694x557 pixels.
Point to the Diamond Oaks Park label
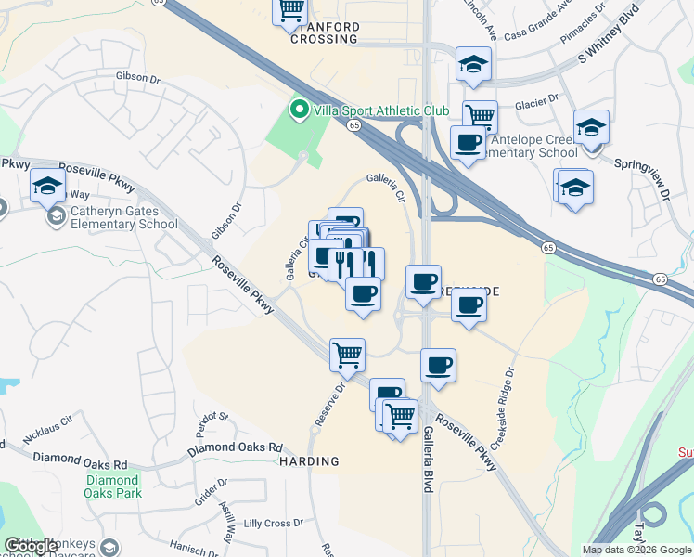tap(114, 486)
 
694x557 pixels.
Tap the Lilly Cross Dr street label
tap(273, 524)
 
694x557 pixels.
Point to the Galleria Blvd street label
tap(428, 460)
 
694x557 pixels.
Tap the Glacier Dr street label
tap(539, 97)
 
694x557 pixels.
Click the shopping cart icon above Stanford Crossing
tap(290, 9)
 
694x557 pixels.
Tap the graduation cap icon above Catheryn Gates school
tap(47, 185)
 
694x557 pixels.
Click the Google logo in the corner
tap(32, 546)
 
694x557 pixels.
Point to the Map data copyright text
tap(636, 550)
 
